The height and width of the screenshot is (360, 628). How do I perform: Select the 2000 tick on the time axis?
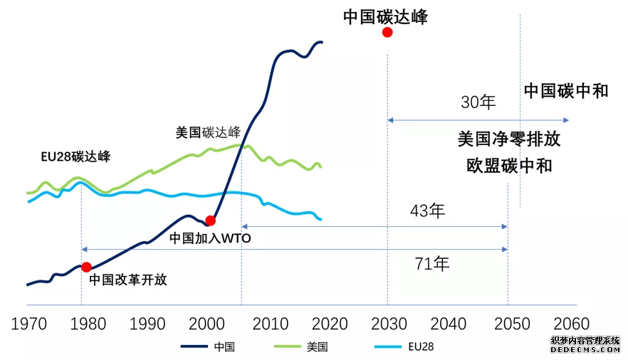[x=207, y=324]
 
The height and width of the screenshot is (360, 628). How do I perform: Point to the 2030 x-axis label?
[x=388, y=324]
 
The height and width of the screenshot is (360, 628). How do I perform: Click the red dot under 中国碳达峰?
[x=387, y=33]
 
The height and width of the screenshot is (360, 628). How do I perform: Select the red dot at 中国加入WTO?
[x=210, y=221]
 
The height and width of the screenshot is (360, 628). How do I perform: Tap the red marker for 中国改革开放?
[x=86, y=267]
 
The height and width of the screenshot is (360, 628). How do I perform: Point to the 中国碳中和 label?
[x=566, y=90]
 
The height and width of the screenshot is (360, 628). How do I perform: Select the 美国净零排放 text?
[x=508, y=138]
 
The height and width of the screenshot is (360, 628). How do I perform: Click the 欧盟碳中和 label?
[x=508, y=165]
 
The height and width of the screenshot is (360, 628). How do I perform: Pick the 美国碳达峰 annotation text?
[x=208, y=132]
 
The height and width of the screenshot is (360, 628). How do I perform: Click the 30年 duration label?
[x=478, y=102]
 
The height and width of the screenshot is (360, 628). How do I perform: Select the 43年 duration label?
[x=427, y=211]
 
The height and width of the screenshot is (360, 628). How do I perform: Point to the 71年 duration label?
[x=432, y=264]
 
